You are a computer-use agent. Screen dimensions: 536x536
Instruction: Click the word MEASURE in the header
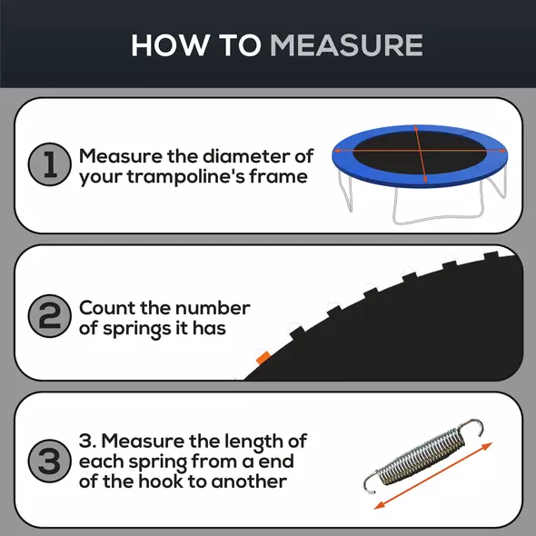pos(347,45)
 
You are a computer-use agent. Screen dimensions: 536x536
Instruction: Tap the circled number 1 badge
pos(47,165)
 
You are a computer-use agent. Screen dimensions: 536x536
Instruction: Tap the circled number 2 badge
pos(47,317)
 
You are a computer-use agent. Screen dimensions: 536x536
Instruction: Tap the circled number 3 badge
pos(47,461)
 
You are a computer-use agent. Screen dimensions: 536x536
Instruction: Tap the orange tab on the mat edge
pos(263,358)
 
